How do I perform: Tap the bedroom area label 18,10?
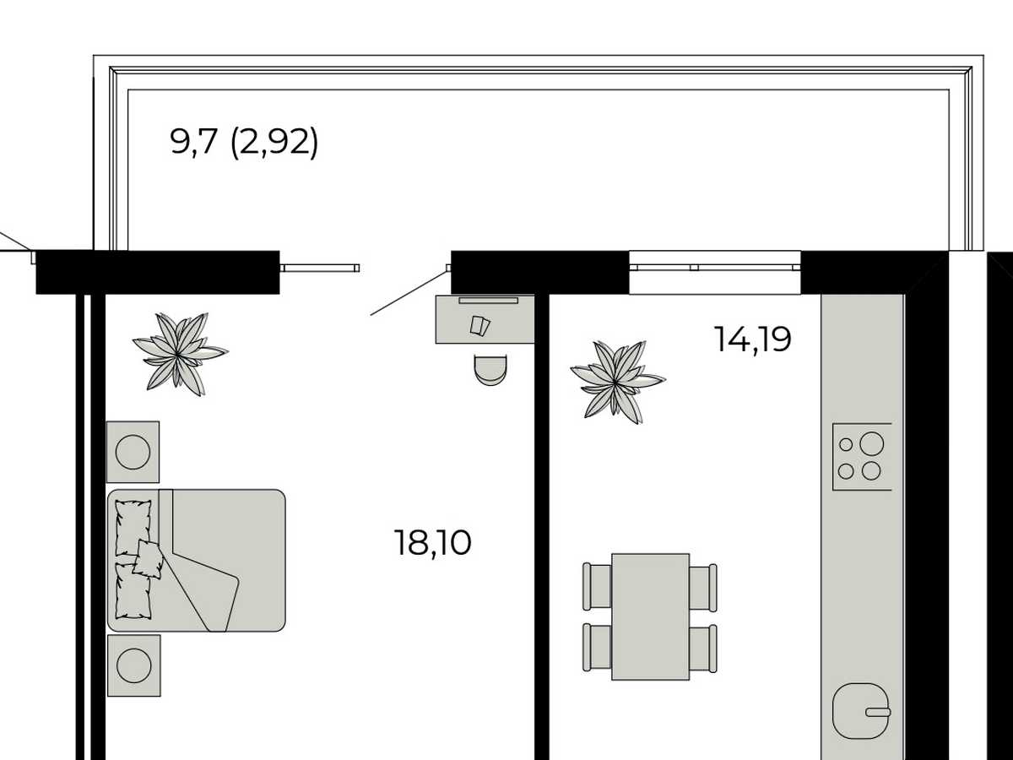coord(433,543)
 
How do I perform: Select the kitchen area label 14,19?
coord(753,339)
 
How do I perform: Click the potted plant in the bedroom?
coord(180,354)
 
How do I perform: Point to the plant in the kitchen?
coord(617,382)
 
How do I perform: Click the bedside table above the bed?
coord(133,452)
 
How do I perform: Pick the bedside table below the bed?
coord(134,665)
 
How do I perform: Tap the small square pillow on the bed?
coord(148,559)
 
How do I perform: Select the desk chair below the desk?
coord(490,370)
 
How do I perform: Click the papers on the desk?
coord(480,326)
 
